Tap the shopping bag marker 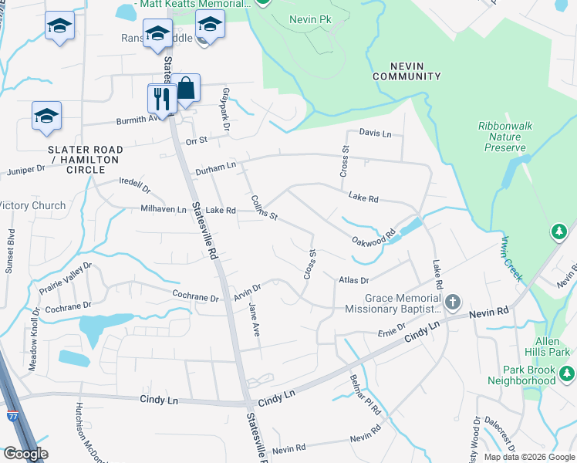pyautogui.click(x=186, y=88)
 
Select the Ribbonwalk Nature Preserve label pyautogui.click(x=502, y=136)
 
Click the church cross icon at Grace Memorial pyautogui.click(x=453, y=302)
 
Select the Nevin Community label pyautogui.click(x=407, y=71)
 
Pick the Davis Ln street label pyautogui.click(x=376, y=133)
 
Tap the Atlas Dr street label pyautogui.click(x=354, y=280)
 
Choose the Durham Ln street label pyautogui.click(x=214, y=167)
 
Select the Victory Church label pyautogui.click(x=32, y=206)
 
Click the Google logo pyautogui.click(x=25, y=454)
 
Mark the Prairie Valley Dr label pyautogui.click(x=65, y=279)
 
